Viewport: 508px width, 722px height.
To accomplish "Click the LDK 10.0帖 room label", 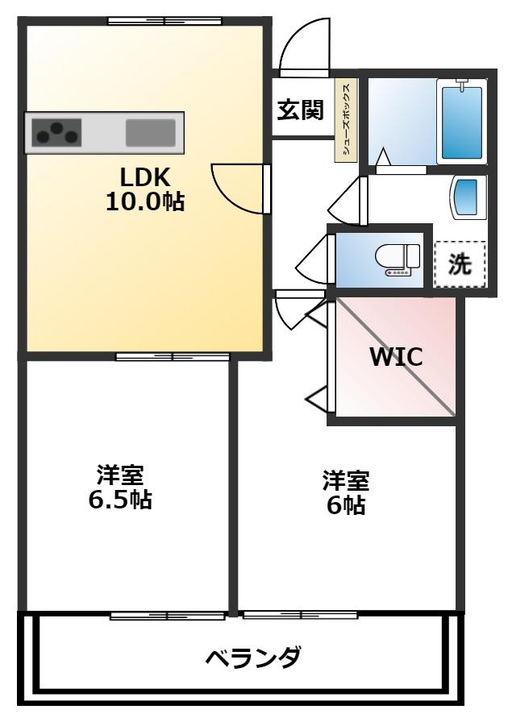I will [x=145, y=189].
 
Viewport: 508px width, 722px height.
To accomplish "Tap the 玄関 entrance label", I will [x=300, y=110].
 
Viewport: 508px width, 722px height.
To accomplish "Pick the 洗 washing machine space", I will [x=460, y=264].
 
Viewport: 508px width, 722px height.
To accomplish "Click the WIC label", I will [x=396, y=357].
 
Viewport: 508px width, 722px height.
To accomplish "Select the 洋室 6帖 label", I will [x=346, y=492].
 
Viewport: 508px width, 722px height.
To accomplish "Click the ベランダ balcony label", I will [x=253, y=658].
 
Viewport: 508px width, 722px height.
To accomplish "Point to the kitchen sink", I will [x=150, y=132].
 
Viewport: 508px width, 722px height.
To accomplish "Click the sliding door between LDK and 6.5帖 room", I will [x=172, y=356].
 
